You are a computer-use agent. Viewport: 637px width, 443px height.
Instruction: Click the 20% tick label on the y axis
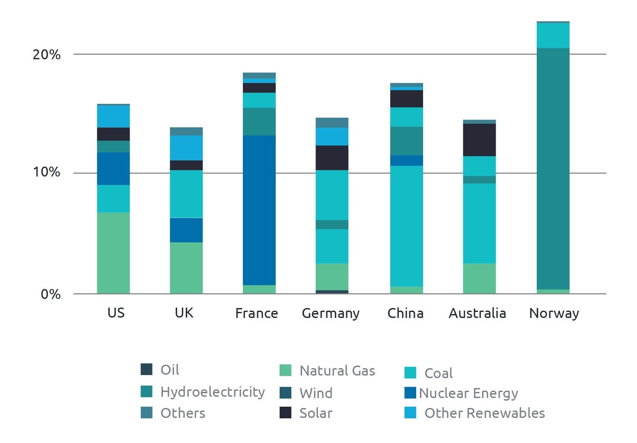click(x=46, y=55)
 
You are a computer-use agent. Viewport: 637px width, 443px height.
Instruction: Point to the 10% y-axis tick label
click(x=46, y=172)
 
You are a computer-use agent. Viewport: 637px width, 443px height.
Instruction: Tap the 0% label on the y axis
click(x=50, y=294)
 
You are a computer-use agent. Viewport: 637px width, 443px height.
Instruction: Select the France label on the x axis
click(x=256, y=313)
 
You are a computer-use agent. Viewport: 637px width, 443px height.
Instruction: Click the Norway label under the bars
click(x=554, y=313)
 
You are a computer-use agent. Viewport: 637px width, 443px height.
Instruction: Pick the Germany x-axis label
click(x=331, y=314)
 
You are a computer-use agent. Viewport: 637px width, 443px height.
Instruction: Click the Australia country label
click(x=477, y=313)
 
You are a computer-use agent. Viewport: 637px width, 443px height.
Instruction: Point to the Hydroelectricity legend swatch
click(x=147, y=392)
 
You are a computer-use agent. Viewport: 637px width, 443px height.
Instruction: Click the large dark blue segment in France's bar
click(x=259, y=210)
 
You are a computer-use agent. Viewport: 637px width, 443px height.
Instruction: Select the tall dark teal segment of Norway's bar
click(x=553, y=169)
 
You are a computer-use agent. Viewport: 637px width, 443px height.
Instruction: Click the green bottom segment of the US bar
click(x=113, y=253)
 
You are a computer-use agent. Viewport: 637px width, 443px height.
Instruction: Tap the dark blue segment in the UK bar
click(x=186, y=230)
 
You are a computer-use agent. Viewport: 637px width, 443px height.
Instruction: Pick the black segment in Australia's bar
click(x=479, y=140)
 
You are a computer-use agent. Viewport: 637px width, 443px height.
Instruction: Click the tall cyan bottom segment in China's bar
click(x=407, y=226)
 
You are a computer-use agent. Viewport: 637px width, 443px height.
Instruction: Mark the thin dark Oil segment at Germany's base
click(x=332, y=292)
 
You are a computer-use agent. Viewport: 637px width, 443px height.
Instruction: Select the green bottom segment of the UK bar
click(x=186, y=268)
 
